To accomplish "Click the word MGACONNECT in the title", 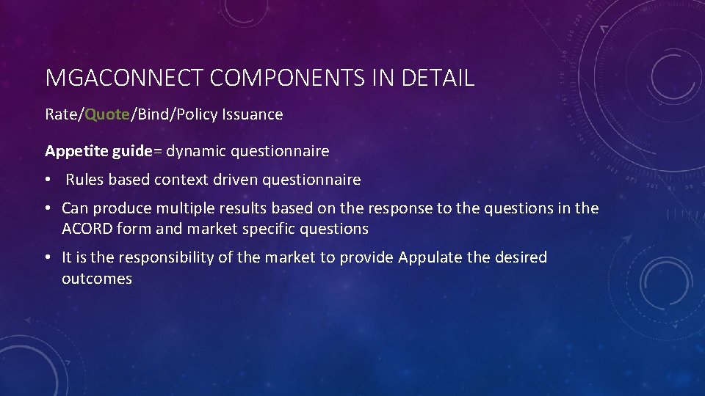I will point(123,78).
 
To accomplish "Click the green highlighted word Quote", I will point(107,114).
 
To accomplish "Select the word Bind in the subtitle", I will point(150,114).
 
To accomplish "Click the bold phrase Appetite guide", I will point(97,151).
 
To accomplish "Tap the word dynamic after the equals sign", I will point(196,151).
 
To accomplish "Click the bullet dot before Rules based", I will point(48,180).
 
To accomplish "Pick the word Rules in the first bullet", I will point(84,180).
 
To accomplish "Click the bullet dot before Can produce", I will point(48,208).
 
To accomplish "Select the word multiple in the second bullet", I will point(184,208).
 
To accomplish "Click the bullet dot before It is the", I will point(48,257).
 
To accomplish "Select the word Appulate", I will point(428,257).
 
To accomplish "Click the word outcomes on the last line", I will point(97,279).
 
